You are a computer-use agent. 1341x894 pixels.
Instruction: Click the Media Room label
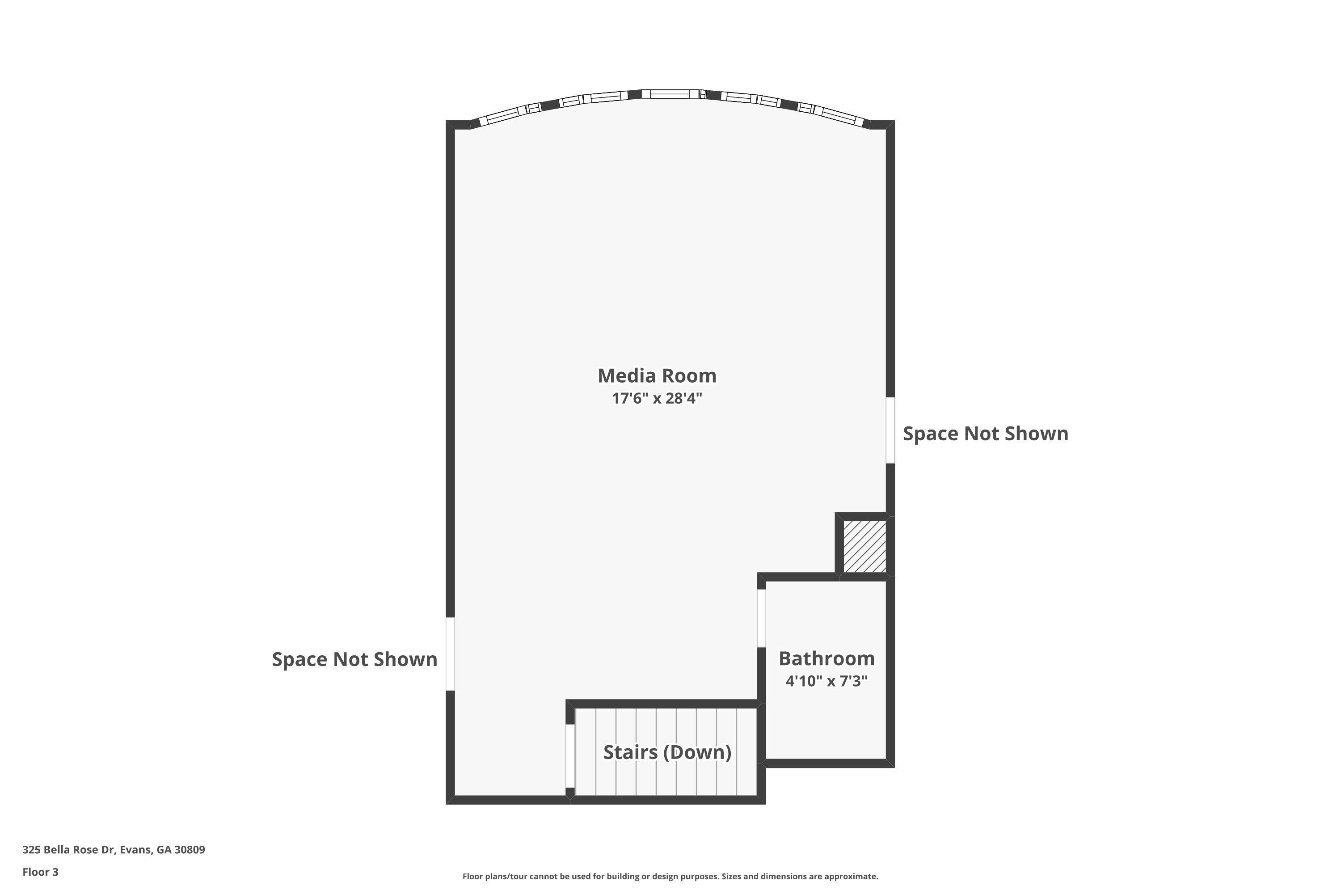click(657, 376)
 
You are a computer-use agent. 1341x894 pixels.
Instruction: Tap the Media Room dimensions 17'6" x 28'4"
click(657, 398)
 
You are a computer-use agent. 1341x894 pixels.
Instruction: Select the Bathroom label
click(827, 658)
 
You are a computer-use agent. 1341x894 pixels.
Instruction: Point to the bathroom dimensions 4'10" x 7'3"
click(827, 681)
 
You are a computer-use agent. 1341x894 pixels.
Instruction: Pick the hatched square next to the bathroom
click(864, 546)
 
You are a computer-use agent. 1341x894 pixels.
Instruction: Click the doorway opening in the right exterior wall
click(890, 430)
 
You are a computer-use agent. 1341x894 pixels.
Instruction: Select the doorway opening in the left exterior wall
click(450, 654)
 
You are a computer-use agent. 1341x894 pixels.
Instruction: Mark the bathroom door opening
click(761, 618)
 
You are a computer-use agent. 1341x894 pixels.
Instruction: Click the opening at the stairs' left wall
click(569, 756)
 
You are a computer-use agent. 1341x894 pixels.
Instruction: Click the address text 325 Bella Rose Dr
click(68, 850)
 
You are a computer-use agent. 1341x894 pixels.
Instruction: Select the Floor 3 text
click(41, 872)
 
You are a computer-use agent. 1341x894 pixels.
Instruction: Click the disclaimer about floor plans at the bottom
click(670, 876)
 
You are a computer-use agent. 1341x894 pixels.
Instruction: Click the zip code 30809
click(190, 850)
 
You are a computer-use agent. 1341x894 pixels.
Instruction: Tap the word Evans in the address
click(136, 850)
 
